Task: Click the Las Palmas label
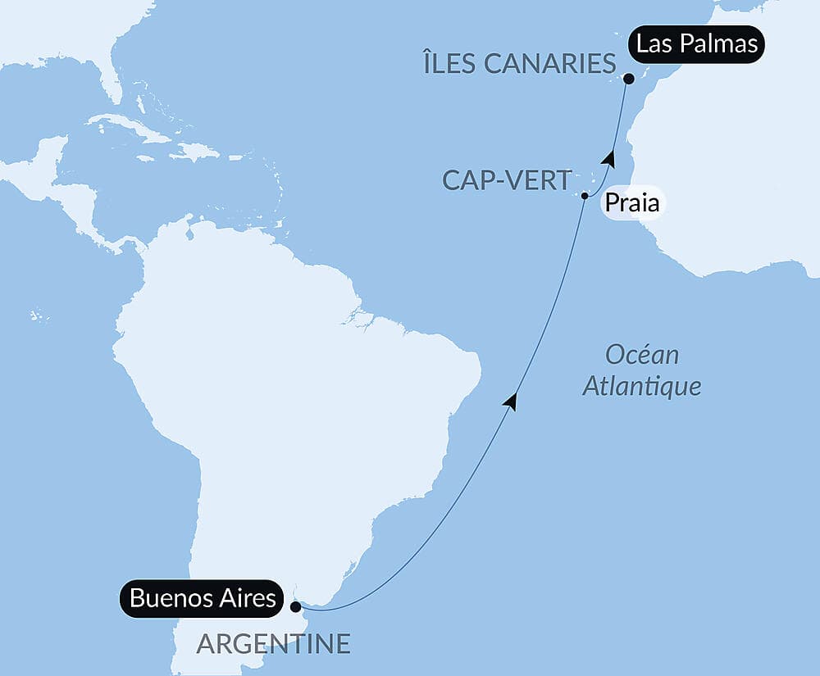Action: point(697,44)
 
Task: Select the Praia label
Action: point(632,202)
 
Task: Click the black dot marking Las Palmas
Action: point(628,79)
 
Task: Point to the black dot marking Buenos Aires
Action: point(295,607)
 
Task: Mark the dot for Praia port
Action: point(585,196)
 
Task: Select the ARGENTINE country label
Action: point(273,644)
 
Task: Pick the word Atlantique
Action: point(642,386)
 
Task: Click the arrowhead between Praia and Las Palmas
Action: point(608,157)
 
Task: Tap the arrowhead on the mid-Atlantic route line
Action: point(512,401)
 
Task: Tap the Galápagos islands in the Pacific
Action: point(36,315)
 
